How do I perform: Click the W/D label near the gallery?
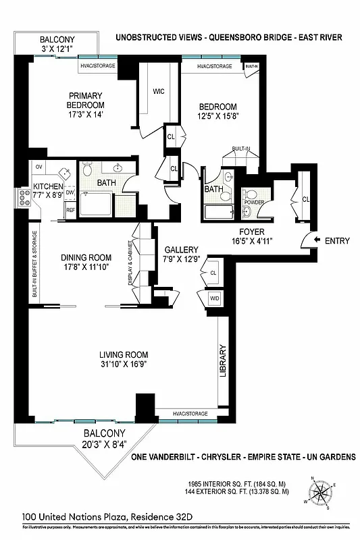click(x=214, y=298)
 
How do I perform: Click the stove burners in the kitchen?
click(x=22, y=197)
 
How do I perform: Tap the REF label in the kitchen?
click(x=70, y=210)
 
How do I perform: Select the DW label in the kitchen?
click(x=70, y=192)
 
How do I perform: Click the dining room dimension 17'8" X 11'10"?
click(x=86, y=267)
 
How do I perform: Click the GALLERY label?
click(x=181, y=250)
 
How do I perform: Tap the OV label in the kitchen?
click(x=38, y=167)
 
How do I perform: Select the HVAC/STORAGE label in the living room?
click(x=190, y=413)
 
